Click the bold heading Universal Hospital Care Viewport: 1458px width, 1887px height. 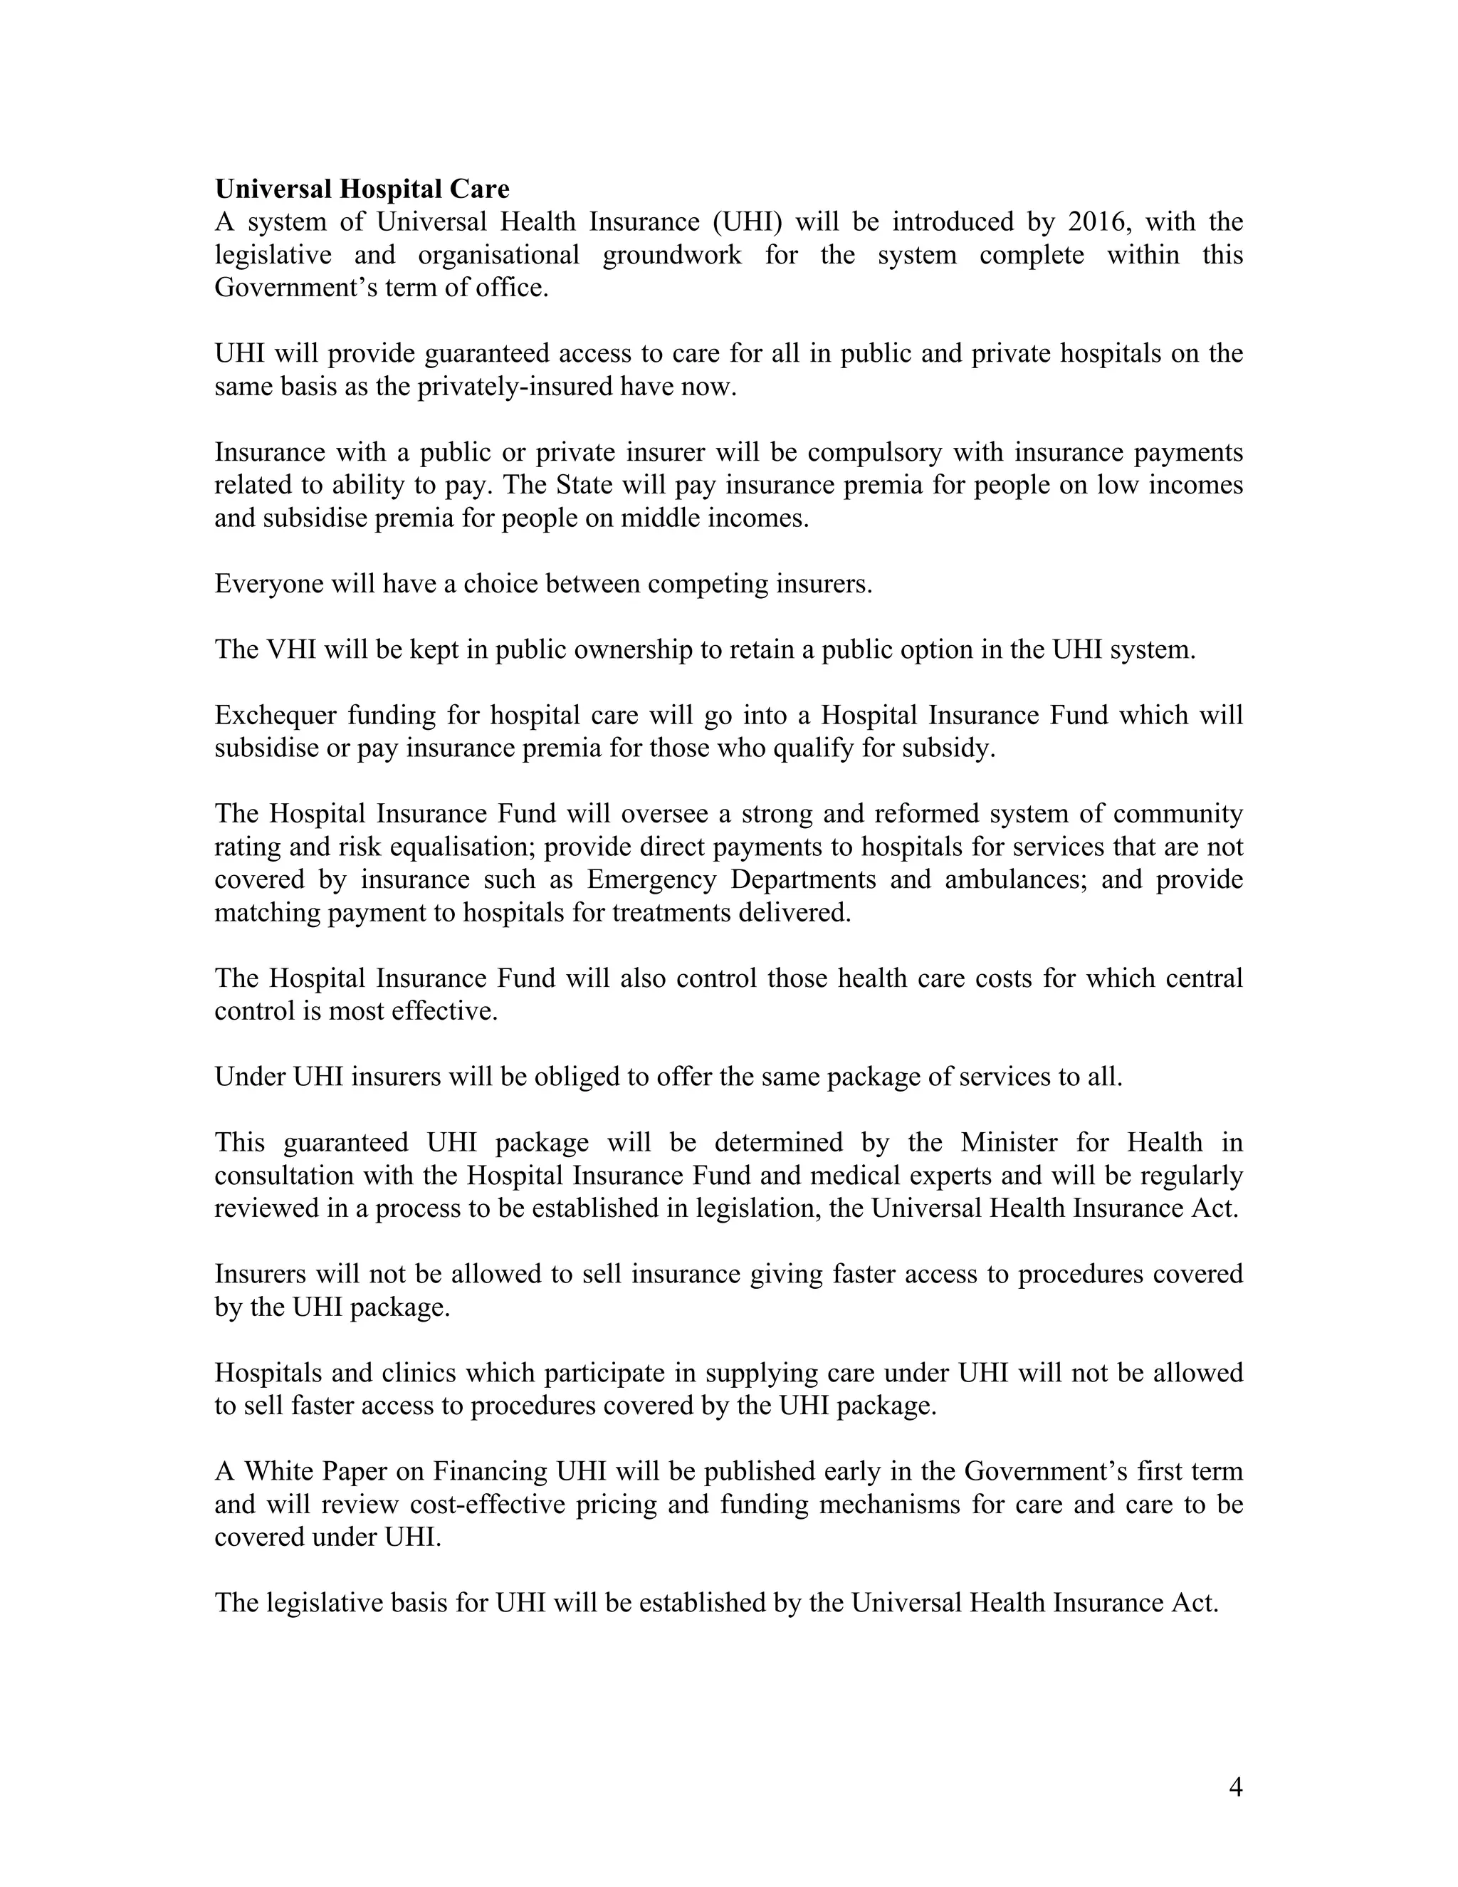tap(362, 189)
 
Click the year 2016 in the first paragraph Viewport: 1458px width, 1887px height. tap(1098, 222)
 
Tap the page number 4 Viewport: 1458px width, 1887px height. tap(1235, 1787)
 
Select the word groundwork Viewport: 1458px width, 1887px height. tap(671, 255)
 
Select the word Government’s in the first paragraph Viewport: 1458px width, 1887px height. tap(294, 288)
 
